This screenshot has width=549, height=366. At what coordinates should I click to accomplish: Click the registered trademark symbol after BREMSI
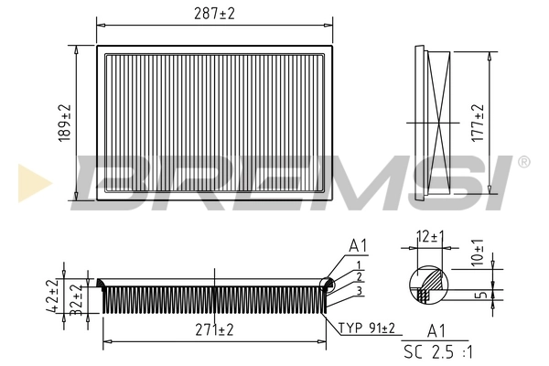pos(523,162)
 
